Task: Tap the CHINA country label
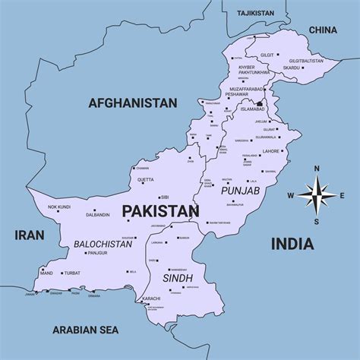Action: pos(322,30)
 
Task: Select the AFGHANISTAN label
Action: pos(132,103)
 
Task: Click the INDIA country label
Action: pos(292,243)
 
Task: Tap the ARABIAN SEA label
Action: pos(86,329)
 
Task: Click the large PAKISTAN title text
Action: pos(160,210)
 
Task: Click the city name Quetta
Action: pos(146,180)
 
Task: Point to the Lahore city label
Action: pos(271,151)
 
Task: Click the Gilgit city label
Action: pos(267,55)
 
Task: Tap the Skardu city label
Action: pos(292,68)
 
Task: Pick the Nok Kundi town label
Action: pos(59,207)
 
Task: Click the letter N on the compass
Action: pos(317,169)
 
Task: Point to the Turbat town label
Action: pos(72,272)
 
